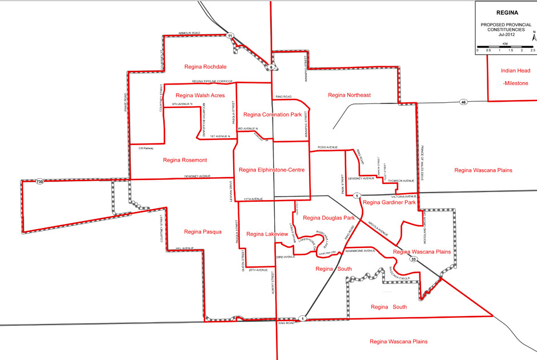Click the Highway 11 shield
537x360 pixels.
[230, 36]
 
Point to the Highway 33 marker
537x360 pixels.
[413, 258]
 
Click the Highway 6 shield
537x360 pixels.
[271, 67]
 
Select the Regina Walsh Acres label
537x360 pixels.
[200, 95]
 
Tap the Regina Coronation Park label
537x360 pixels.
[272, 115]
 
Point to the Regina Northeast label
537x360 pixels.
[350, 95]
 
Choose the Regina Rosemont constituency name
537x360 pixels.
[185, 160]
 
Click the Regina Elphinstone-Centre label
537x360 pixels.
[272, 170]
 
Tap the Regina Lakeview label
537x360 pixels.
[265, 234]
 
